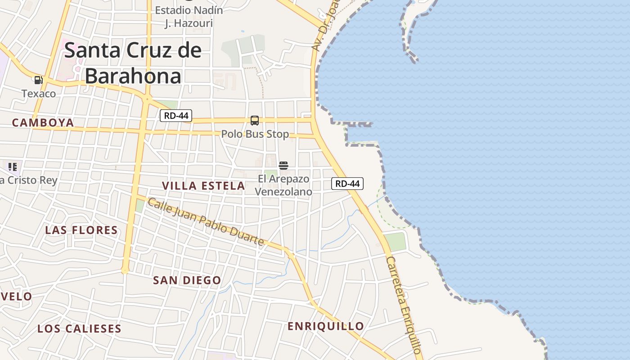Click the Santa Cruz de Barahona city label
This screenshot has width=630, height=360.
pos(133,63)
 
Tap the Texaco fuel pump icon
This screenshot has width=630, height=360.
pos(38,80)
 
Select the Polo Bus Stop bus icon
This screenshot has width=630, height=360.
pos(255,121)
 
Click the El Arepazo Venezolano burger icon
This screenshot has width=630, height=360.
pos(283,166)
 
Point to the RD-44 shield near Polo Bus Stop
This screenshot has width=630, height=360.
pos(176,116)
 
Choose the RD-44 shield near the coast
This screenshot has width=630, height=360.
pos(347,184)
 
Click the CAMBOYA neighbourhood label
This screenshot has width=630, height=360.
pos(43,122)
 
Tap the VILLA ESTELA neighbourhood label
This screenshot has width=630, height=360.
pos(203,185)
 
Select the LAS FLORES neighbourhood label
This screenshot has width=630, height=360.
pos(81,230)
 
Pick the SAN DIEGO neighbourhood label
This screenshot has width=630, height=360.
pos(187,280)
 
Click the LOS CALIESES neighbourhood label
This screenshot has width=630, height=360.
pos(79,328)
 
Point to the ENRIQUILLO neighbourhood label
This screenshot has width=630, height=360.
pos(326,326)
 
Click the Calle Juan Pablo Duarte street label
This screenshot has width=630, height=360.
pos(206,222)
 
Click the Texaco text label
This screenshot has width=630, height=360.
pos(39,94)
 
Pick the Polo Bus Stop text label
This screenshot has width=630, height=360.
pos(255,134)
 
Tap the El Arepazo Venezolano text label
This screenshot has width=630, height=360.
pos(283,185)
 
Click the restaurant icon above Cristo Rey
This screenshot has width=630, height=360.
pos(13,167)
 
